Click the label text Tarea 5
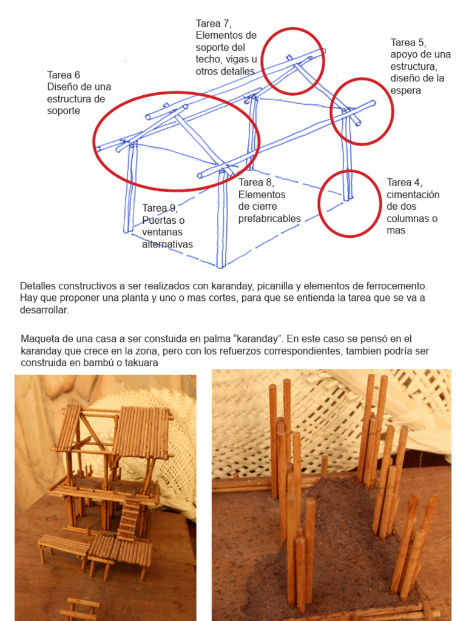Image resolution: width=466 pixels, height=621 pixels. pos(407,42)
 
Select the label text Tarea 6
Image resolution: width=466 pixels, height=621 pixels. pos(64,75)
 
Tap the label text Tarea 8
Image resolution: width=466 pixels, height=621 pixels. pos(256,183)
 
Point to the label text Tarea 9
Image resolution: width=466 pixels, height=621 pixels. pos(159,209)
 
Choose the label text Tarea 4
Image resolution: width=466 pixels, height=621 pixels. pos(405,183)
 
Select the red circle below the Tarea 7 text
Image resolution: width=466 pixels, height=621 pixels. pos(294,61)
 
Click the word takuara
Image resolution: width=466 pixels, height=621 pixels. pos(139,363)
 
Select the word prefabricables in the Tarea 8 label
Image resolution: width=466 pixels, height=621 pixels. pos(269,218)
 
